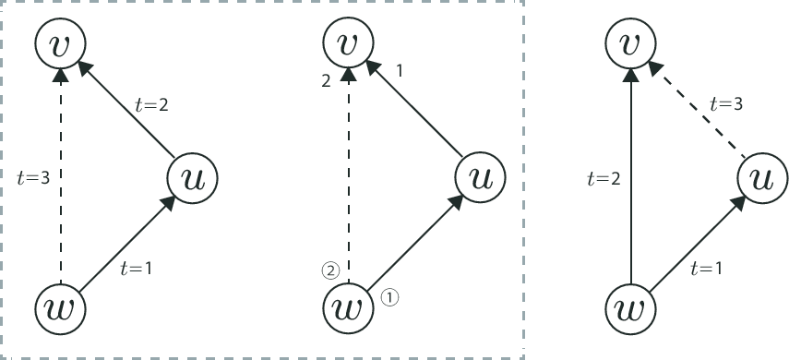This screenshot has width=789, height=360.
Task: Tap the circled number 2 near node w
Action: coord(330,271)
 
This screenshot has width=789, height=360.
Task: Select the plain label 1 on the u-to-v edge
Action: coord(400,71)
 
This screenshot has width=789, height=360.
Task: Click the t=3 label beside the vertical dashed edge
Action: coord(33,175)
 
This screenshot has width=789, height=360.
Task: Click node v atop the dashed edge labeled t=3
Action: coord(61,42)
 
